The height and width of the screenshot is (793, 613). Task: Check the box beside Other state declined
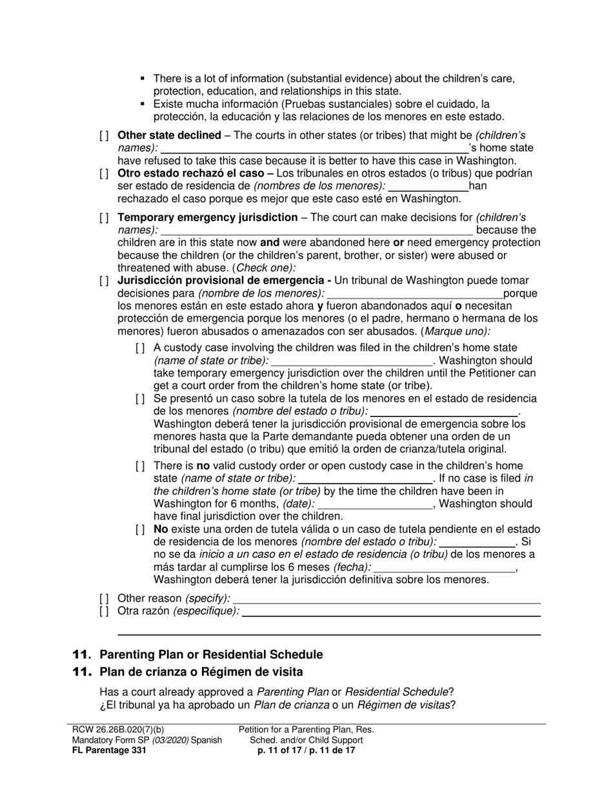click(x=104, y=135)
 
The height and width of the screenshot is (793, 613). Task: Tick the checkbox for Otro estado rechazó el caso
click(x=104, y=173)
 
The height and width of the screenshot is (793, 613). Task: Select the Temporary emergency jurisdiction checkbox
click(x=104, y=218)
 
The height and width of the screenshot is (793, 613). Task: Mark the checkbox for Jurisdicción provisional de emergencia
click(x=104, y=280)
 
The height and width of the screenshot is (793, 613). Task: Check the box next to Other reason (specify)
click(x=104, y=598)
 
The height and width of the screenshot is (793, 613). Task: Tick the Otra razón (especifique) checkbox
click(x=104, y=611)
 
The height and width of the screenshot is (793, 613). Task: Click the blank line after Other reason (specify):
click(x=387, y=599)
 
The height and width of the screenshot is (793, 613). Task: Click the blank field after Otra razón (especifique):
click(x=390, y=612)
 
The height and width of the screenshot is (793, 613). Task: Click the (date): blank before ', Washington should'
click(x=375, y=504)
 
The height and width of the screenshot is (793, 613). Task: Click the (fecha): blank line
click(x=445, y=567)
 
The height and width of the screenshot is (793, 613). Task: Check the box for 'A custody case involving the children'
click(x=140, y=348)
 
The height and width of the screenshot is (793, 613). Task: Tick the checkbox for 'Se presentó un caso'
click(x=140, y=399)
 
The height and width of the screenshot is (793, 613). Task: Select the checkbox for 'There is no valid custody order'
click(x=140, y=466)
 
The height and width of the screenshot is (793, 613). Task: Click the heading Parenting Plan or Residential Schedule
click(x=211, y=654)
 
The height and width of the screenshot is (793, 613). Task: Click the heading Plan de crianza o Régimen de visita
click(x=201, y=672)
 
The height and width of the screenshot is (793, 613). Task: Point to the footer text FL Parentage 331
click(x=109, y=750)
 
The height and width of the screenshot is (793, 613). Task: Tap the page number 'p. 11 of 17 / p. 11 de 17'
click(x=306, y=750)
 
